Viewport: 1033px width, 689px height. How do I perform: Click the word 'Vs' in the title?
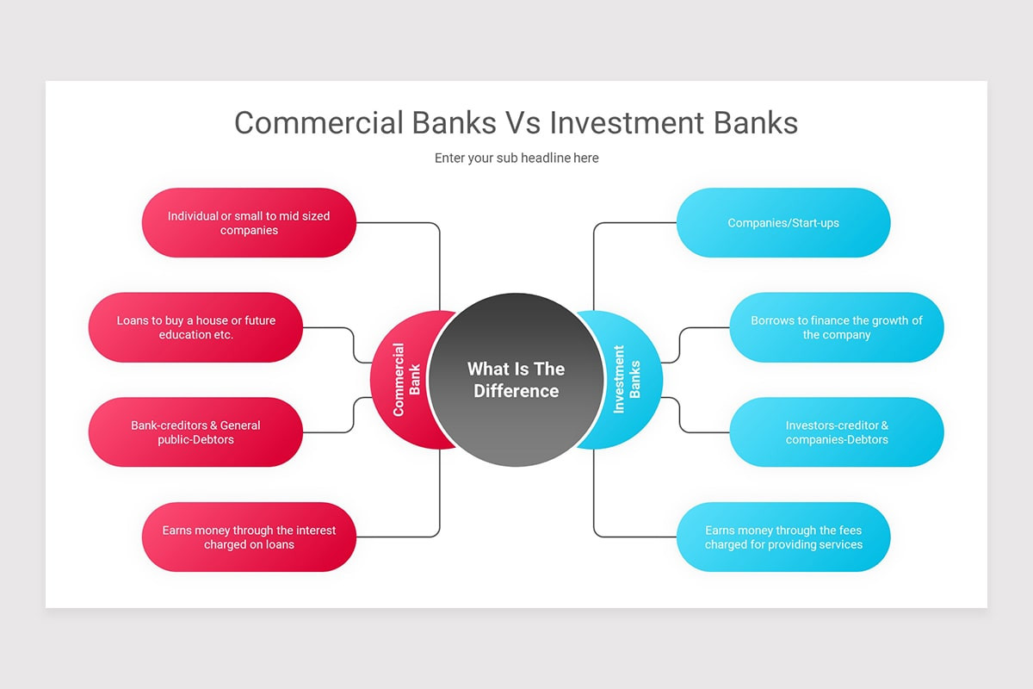pyautogui.click(x=520, y=122)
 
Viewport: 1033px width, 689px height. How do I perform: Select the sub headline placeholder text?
pyautogui.click(x=516, y=158)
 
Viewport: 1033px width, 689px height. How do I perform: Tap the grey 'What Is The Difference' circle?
pyautogui.click(x=516, y=380)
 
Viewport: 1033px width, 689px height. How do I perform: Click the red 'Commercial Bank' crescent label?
pyautogui.click(x=405, y=380)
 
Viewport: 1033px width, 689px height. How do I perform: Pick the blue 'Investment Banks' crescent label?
pyautogui.click(x=627, y=380)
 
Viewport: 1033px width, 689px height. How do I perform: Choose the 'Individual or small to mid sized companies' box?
pyautogui.click(x=249, y=223)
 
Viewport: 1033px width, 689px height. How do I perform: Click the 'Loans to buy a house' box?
pyautogui.click(x=195, y=327)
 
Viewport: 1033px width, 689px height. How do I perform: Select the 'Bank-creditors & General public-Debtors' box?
pyautogui.click(x=195, y=432)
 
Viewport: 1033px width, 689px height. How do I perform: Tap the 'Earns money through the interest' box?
pyautogui.click(x=249, y=537)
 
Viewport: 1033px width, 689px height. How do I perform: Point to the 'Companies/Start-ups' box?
pyautogui.click(x=783, y=223)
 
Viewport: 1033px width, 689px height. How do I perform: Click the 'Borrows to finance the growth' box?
pyautogui.click(x=837, y=327)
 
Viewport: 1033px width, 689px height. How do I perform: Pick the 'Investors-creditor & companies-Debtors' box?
pyautogui.click(x=837, y=432)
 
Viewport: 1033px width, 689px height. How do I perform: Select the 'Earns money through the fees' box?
pyautogui.click(x=783, y=537)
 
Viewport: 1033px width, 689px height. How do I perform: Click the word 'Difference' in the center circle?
pyautogui.click(x=516, y=392)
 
